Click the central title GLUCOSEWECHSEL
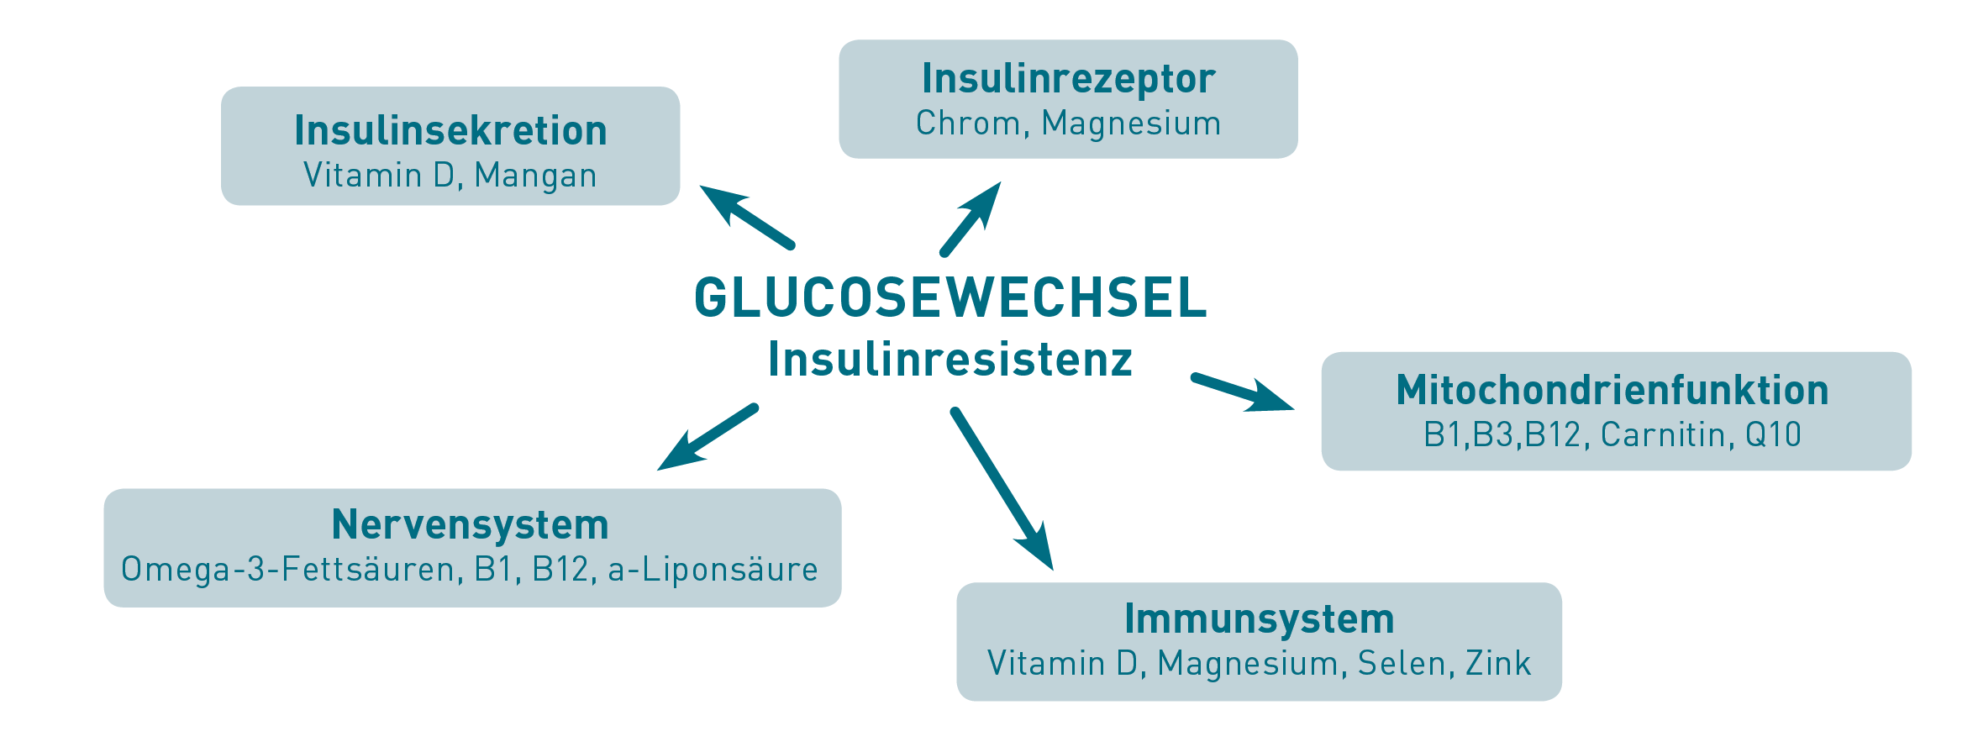tap(950, 297)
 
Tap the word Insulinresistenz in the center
tap(950, 360)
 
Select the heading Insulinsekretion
tap(450, 130)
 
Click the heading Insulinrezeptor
tap(1068, 78)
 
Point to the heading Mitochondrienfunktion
tap(1612, 390)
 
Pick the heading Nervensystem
tap(470, 524)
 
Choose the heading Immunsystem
tap(1259, 618)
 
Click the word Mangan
tap(535, 176)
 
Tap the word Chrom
tap(967, 124)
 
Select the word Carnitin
tap(1663, 435)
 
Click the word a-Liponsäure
tap(713, 570)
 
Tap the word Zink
tap(1498, 664)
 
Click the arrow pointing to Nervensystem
tap(708, 438)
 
